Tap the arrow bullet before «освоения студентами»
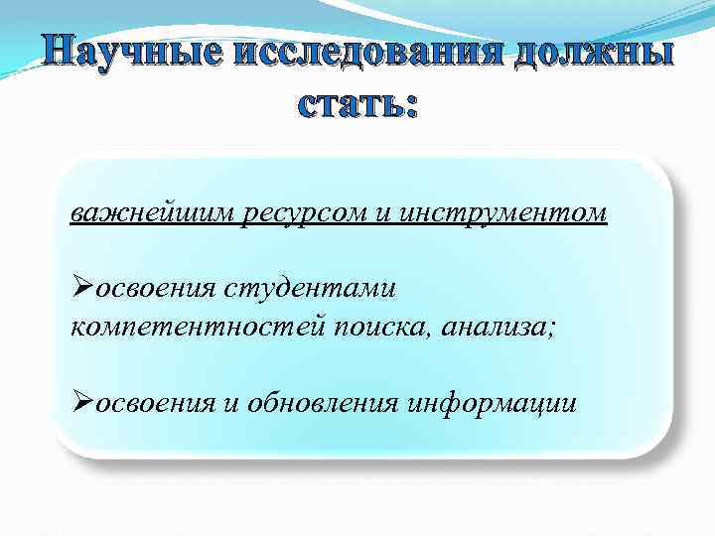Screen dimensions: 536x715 click(x=82, y=288)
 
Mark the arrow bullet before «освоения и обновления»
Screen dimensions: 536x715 click(x=82, y=402)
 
